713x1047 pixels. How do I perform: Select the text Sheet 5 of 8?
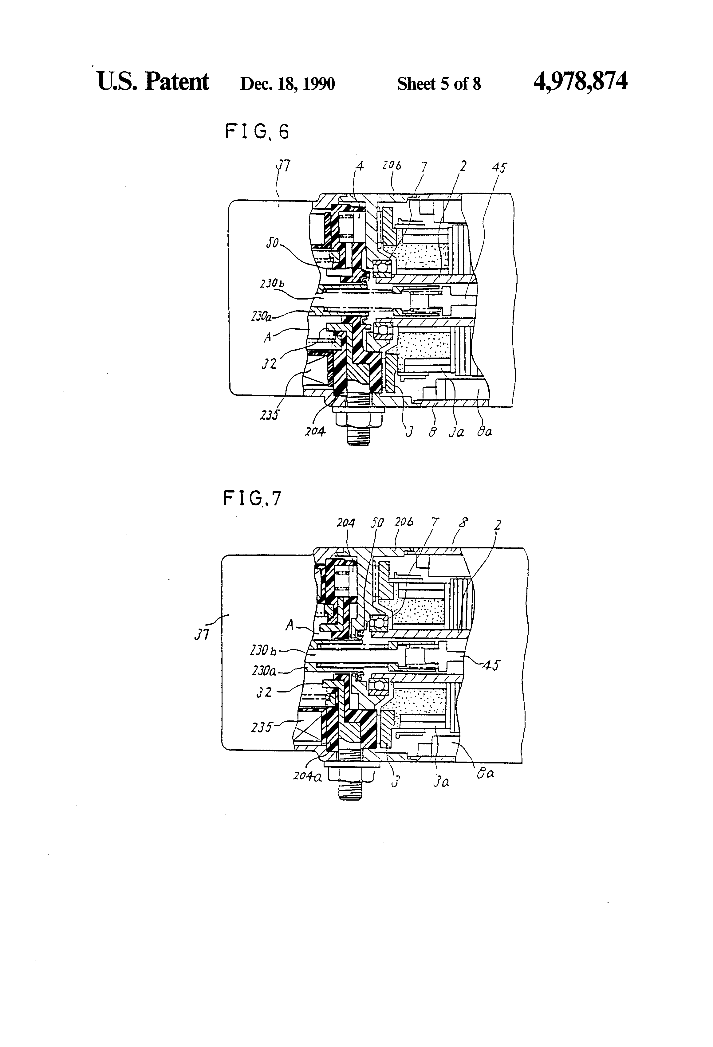coord(439,84)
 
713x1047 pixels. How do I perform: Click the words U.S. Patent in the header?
coord(153,82)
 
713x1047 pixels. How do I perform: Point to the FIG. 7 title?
coord(252,499)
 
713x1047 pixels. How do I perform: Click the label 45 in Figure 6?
coord(499,168)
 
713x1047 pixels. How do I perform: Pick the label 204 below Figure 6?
coord(315,432)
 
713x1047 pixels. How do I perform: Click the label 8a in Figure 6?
coord(484,432)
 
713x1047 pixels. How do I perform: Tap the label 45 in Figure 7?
coord(491,665)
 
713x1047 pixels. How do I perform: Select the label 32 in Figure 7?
coord(264,692)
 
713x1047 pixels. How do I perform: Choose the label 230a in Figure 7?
coord(264,671)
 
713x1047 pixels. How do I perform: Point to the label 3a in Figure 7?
coord(441,782)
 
